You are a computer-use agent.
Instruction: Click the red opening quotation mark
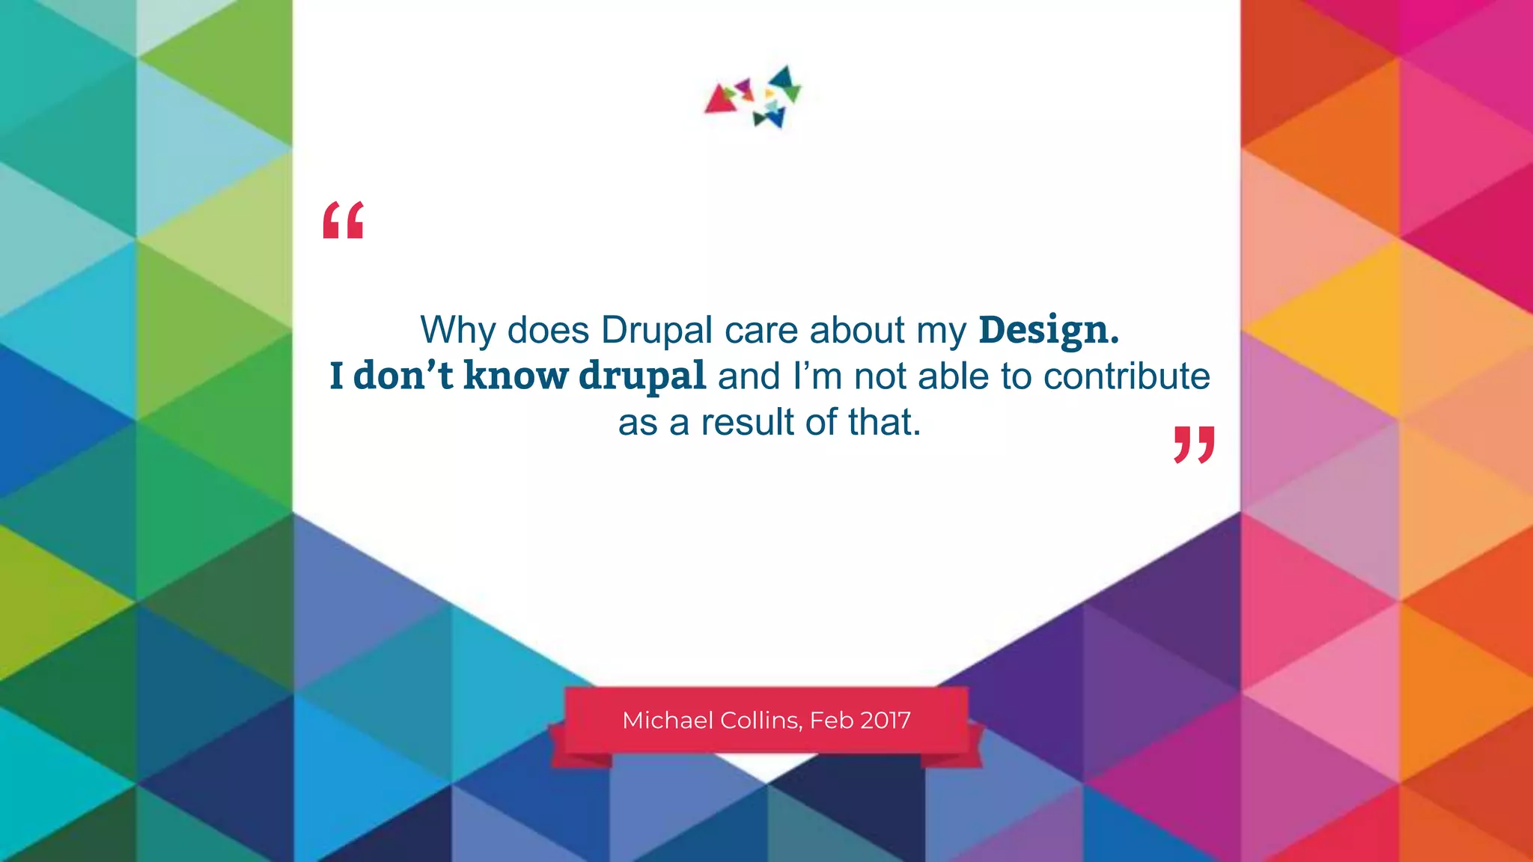(343, 220)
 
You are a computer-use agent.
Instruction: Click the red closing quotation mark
(1194, 445)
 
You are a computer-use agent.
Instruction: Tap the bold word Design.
(1048, 330)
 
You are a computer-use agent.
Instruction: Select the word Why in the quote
(457, 330)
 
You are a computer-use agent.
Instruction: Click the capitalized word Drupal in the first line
(656, 330)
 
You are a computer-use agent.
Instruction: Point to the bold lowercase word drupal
(642, 376)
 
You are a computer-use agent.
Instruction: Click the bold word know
(516, 376)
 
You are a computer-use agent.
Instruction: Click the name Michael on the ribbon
(668, 721)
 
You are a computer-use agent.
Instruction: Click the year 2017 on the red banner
(886, 721)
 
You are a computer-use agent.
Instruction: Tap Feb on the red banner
(832, 721)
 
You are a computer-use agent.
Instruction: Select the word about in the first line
(857, 330)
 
